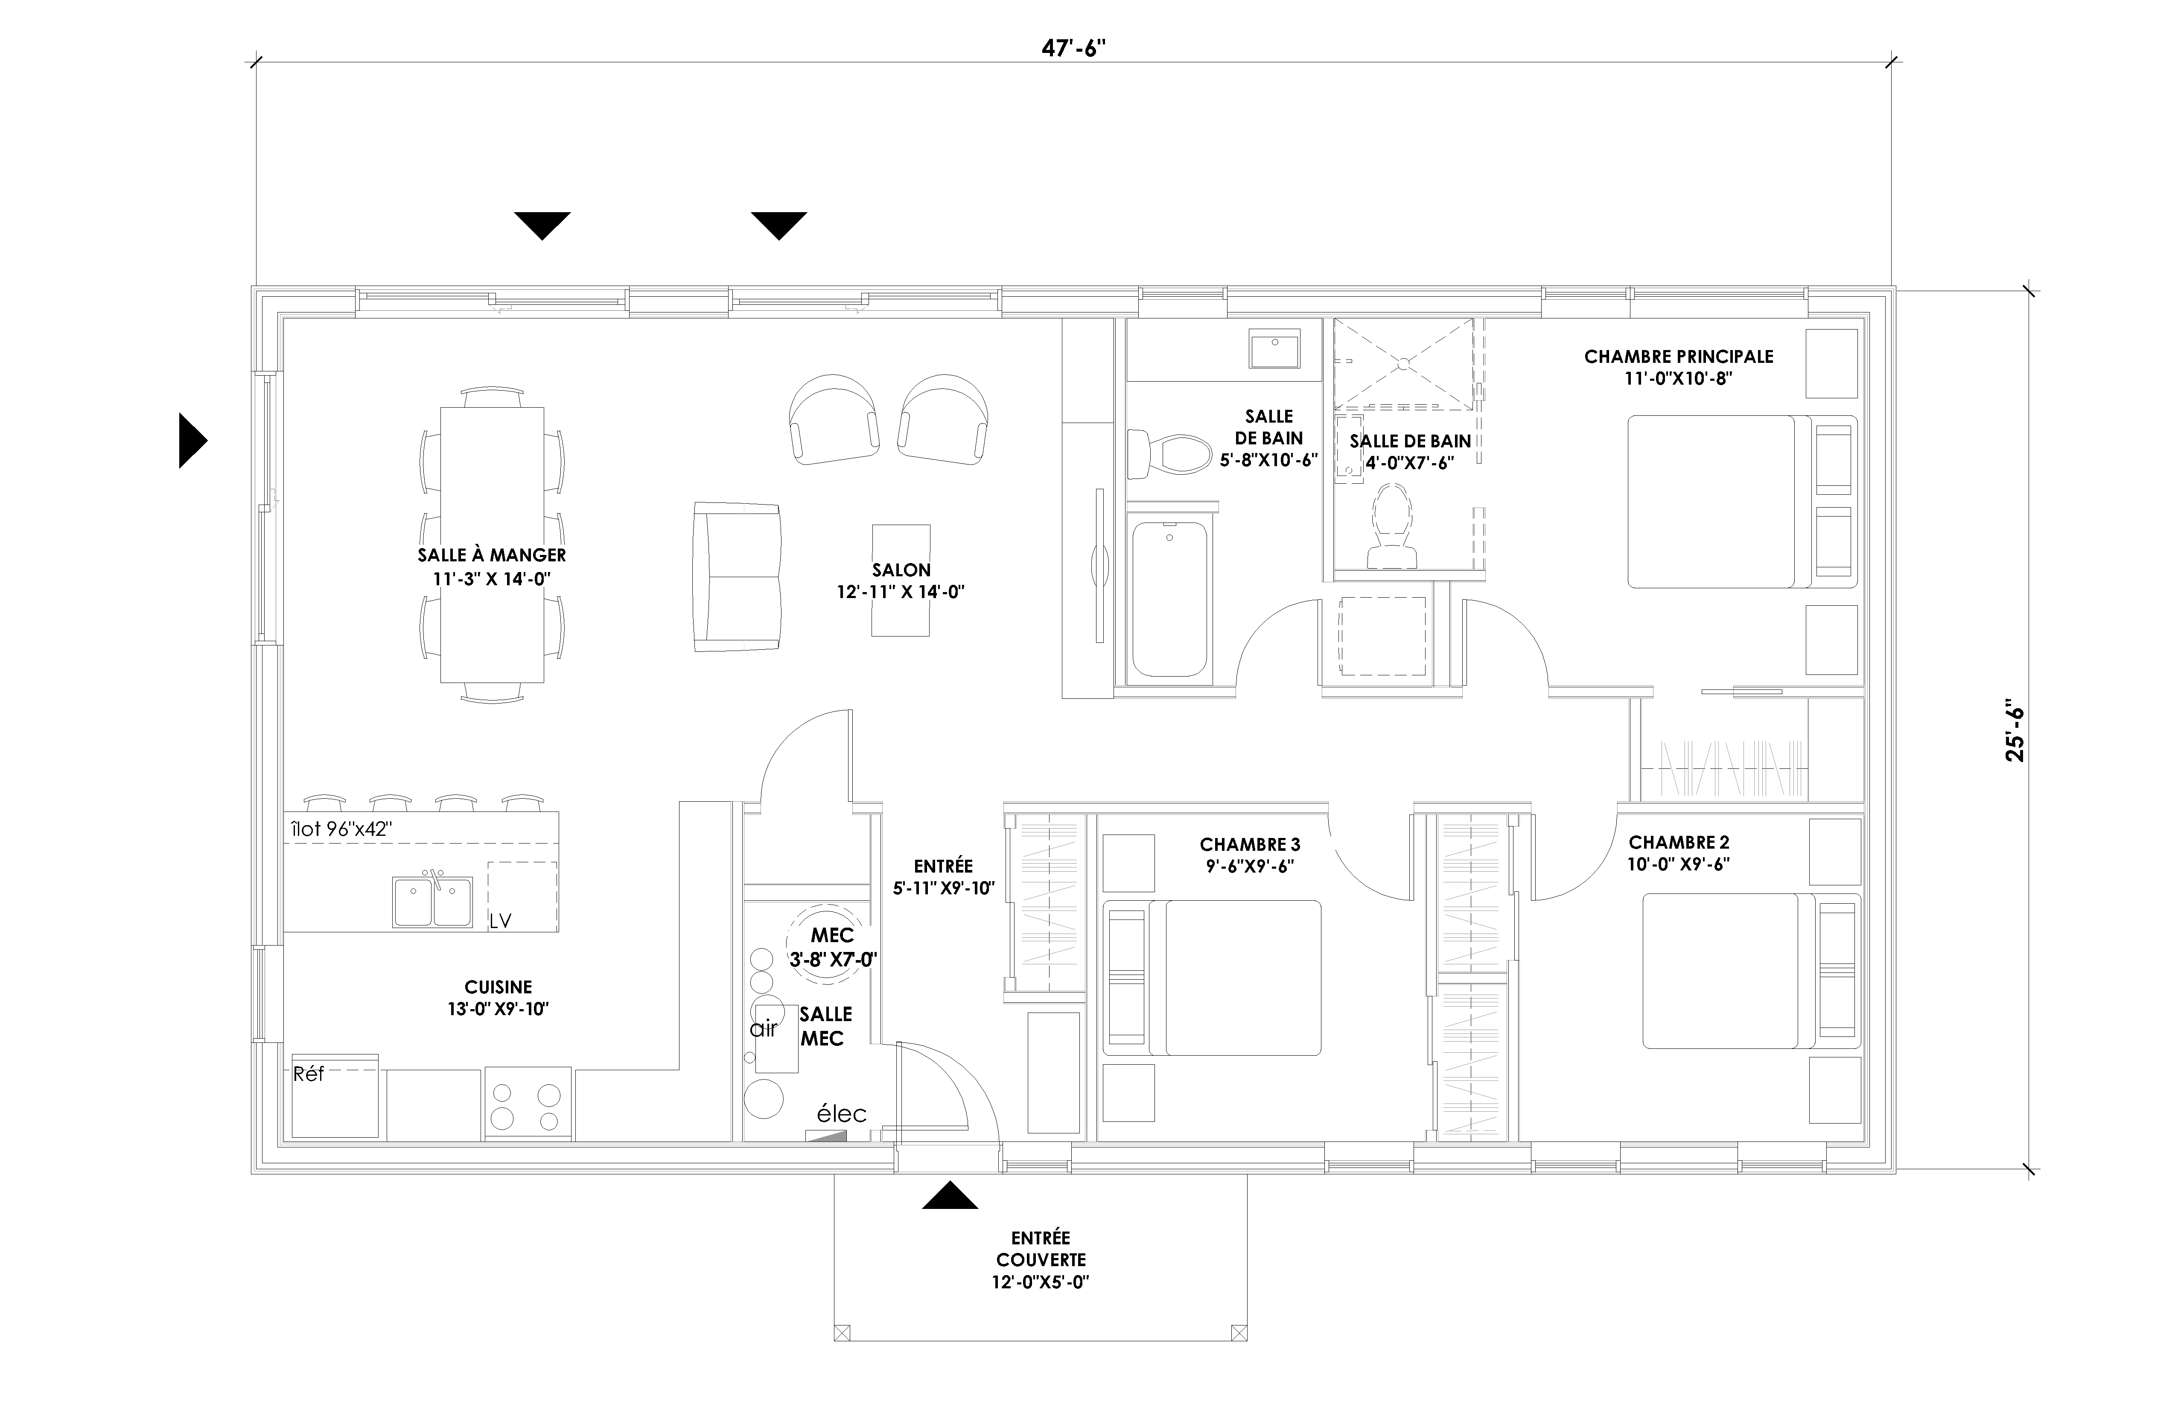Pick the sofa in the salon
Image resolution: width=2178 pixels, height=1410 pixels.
pos(737,577)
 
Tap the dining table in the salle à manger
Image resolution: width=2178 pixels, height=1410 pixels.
pos(493,545)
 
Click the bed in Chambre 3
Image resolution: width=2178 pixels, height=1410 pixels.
pos(1213,978)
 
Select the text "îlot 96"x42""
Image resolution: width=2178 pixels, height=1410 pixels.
pos(341,829)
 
